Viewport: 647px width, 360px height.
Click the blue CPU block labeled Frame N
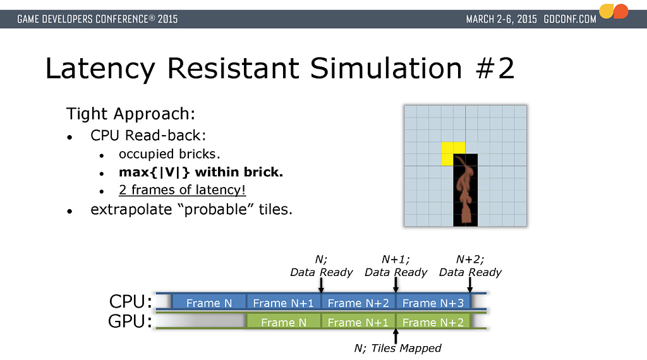pyautogui.click(x=209, y=303)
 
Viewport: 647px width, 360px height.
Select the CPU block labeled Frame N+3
pyautogui.click(x=433, y=303)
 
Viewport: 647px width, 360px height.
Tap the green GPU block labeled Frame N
pyautogui.click(x=284, y=322)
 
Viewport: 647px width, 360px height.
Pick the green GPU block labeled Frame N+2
pyautogui.click(x=433, y=322)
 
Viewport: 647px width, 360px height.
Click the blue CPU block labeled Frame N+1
pyautogui.click(x=284, y=303)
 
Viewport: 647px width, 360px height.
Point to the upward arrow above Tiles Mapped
pyautogui.click(x=396, y=336)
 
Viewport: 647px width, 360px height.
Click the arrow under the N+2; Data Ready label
pyautogui.click(x=470, y=285)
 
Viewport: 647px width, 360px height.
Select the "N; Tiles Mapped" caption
pyautogui.click(x=397, y=349)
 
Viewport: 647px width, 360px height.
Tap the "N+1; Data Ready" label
pyautogui.click(x=396, y=266)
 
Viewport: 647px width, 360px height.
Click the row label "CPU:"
pyautogui.click(x=130, y=301)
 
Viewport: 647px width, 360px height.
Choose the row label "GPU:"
pyautogui.click(x=130, y=321)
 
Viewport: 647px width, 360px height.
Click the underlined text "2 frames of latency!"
pyautogui.click(x=183, y=189)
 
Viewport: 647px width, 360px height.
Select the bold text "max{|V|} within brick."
pyautogui.click(x=201, y=172)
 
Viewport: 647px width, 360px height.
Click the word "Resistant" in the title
pyautogui.click(x=233, y=68)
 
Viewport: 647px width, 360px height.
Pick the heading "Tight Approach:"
pyautogui.click(x=131, y=114)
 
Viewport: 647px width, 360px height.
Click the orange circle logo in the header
pyautogui.click(x=620, y=11)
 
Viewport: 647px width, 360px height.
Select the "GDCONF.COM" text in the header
pyautogui.click(x=570, y=19)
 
